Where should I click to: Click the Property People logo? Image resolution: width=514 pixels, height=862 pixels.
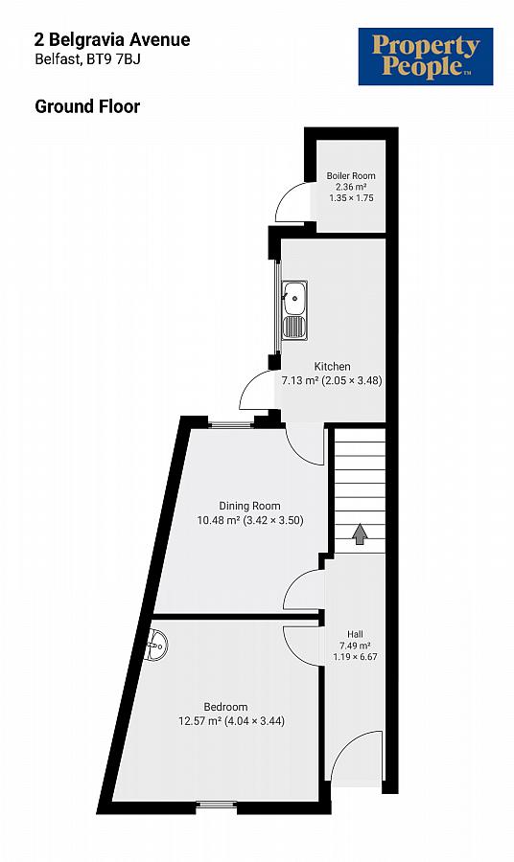[425, 57]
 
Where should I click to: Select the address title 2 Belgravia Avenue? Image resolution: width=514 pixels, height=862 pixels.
[112, 39]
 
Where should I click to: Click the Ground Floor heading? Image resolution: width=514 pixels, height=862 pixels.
[87, 106]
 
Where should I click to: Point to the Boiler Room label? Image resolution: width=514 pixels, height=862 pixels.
[350, 175]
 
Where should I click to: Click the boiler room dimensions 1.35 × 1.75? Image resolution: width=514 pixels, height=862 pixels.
[350, 197]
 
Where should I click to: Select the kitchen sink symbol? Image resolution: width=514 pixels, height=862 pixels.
[293, 310]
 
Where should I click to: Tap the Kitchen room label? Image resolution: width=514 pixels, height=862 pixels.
[332, 367]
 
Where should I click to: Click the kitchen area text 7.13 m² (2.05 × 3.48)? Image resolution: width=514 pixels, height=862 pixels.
[332, 380]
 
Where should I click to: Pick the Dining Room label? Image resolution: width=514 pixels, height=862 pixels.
[249, 506]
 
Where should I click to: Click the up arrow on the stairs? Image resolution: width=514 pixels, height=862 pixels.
[360, 533]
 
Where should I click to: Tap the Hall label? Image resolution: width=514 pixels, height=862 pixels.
[355, 633]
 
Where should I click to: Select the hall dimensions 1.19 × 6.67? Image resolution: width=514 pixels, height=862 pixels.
[355, 658]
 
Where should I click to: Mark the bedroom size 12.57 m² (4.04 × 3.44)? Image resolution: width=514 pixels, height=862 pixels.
[231, 721]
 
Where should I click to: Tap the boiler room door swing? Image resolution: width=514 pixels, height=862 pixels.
[291, 202]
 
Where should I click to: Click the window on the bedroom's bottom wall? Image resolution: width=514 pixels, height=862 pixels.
[216, 805]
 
